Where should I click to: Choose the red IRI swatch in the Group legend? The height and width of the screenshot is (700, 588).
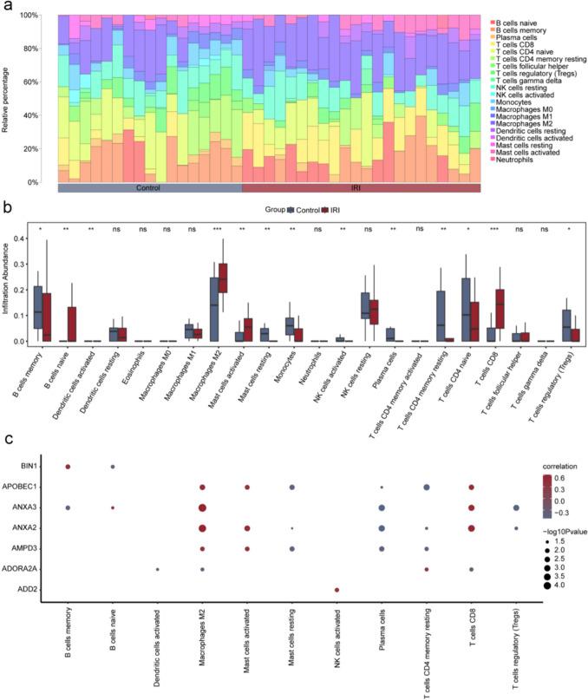323,211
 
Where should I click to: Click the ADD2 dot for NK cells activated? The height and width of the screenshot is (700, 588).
336,590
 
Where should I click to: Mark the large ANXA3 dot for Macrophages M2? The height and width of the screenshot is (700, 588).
202,507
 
